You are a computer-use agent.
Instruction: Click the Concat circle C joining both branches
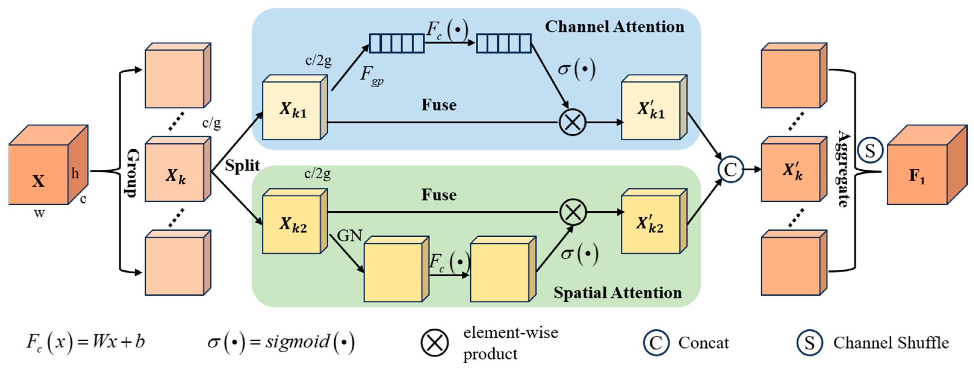point(730,169)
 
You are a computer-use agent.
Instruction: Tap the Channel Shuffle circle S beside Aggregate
point(870,150)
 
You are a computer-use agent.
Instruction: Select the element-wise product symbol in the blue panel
point(572,122)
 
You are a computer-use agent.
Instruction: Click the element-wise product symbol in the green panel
point(572,212)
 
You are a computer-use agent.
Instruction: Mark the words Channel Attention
point(614,27)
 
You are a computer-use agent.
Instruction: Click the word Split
point(242,165)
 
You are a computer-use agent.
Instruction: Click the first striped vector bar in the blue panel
point(397,43)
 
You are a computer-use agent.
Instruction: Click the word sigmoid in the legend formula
point(297,342)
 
